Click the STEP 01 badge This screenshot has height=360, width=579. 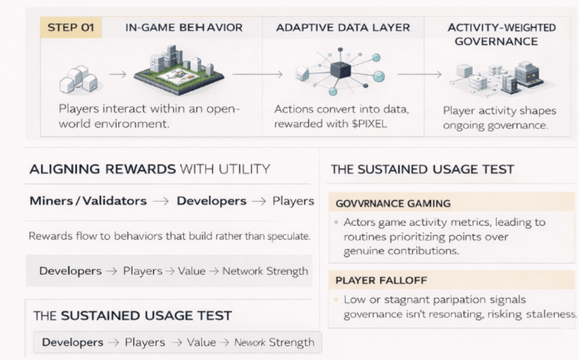[71, 27]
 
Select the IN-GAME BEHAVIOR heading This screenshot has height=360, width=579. [184, 27]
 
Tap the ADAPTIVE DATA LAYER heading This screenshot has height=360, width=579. [343, 27]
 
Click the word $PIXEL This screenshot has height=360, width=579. [372, 124]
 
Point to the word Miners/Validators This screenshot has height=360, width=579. [88, 201]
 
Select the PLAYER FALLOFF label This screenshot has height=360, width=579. [373, 280]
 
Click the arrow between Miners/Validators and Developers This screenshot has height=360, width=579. [161, 201]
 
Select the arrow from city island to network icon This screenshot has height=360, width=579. [257, 73]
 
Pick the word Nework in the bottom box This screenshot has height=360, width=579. [250, 342]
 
